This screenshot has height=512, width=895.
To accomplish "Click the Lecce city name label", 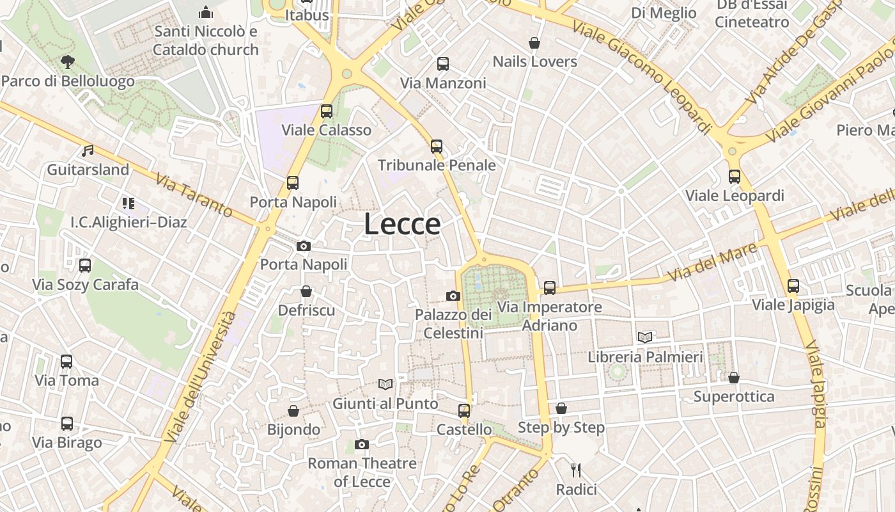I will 402,224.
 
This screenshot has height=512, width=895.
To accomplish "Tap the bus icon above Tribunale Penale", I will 437,147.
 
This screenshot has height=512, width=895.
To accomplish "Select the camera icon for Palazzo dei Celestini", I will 453,296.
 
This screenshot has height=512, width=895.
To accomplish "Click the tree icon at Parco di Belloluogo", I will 67,62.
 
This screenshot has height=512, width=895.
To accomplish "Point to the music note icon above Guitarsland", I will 88,151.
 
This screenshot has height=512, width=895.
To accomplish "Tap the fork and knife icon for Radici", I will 576,470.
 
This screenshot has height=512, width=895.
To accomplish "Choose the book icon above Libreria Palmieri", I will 645,337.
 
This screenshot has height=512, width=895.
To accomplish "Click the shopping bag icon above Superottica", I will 734,378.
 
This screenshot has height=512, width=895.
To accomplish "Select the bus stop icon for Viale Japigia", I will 793,285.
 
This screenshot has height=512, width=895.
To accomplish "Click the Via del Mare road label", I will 714,261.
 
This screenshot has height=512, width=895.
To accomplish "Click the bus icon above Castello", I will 464,410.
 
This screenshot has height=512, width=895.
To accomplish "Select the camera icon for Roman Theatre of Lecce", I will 362,444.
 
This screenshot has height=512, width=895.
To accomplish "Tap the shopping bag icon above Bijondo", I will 293,410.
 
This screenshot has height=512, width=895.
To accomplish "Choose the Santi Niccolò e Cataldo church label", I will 206,40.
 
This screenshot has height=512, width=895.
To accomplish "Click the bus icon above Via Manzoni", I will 443,64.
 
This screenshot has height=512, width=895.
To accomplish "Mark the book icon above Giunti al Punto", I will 385,384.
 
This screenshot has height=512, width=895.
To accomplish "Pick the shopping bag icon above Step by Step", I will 561,408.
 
